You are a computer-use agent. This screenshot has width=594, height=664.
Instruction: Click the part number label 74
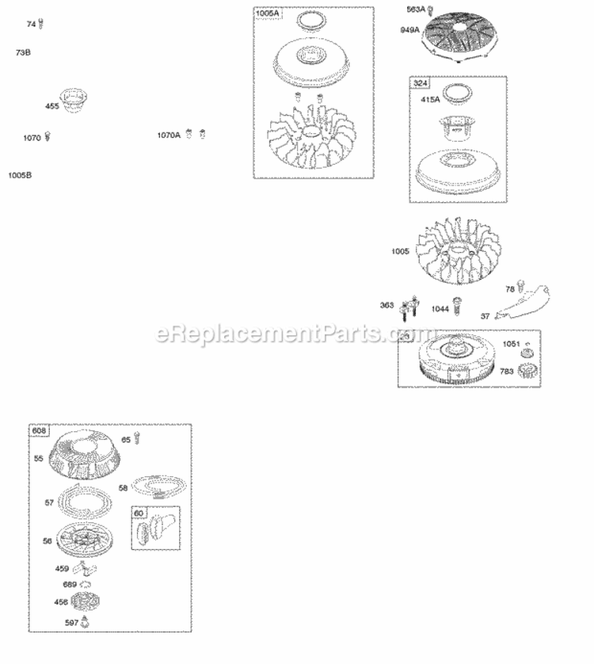pos(31,25)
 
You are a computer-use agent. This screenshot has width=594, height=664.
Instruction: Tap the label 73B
pos(23,52)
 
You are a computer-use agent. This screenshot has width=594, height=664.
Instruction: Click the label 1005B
pos(21,174)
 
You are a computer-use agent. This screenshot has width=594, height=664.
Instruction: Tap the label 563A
pos(416,10)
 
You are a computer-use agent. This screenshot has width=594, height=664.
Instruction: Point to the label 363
pos(386,305)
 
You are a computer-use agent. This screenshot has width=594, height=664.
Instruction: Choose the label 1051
pos(511,343)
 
